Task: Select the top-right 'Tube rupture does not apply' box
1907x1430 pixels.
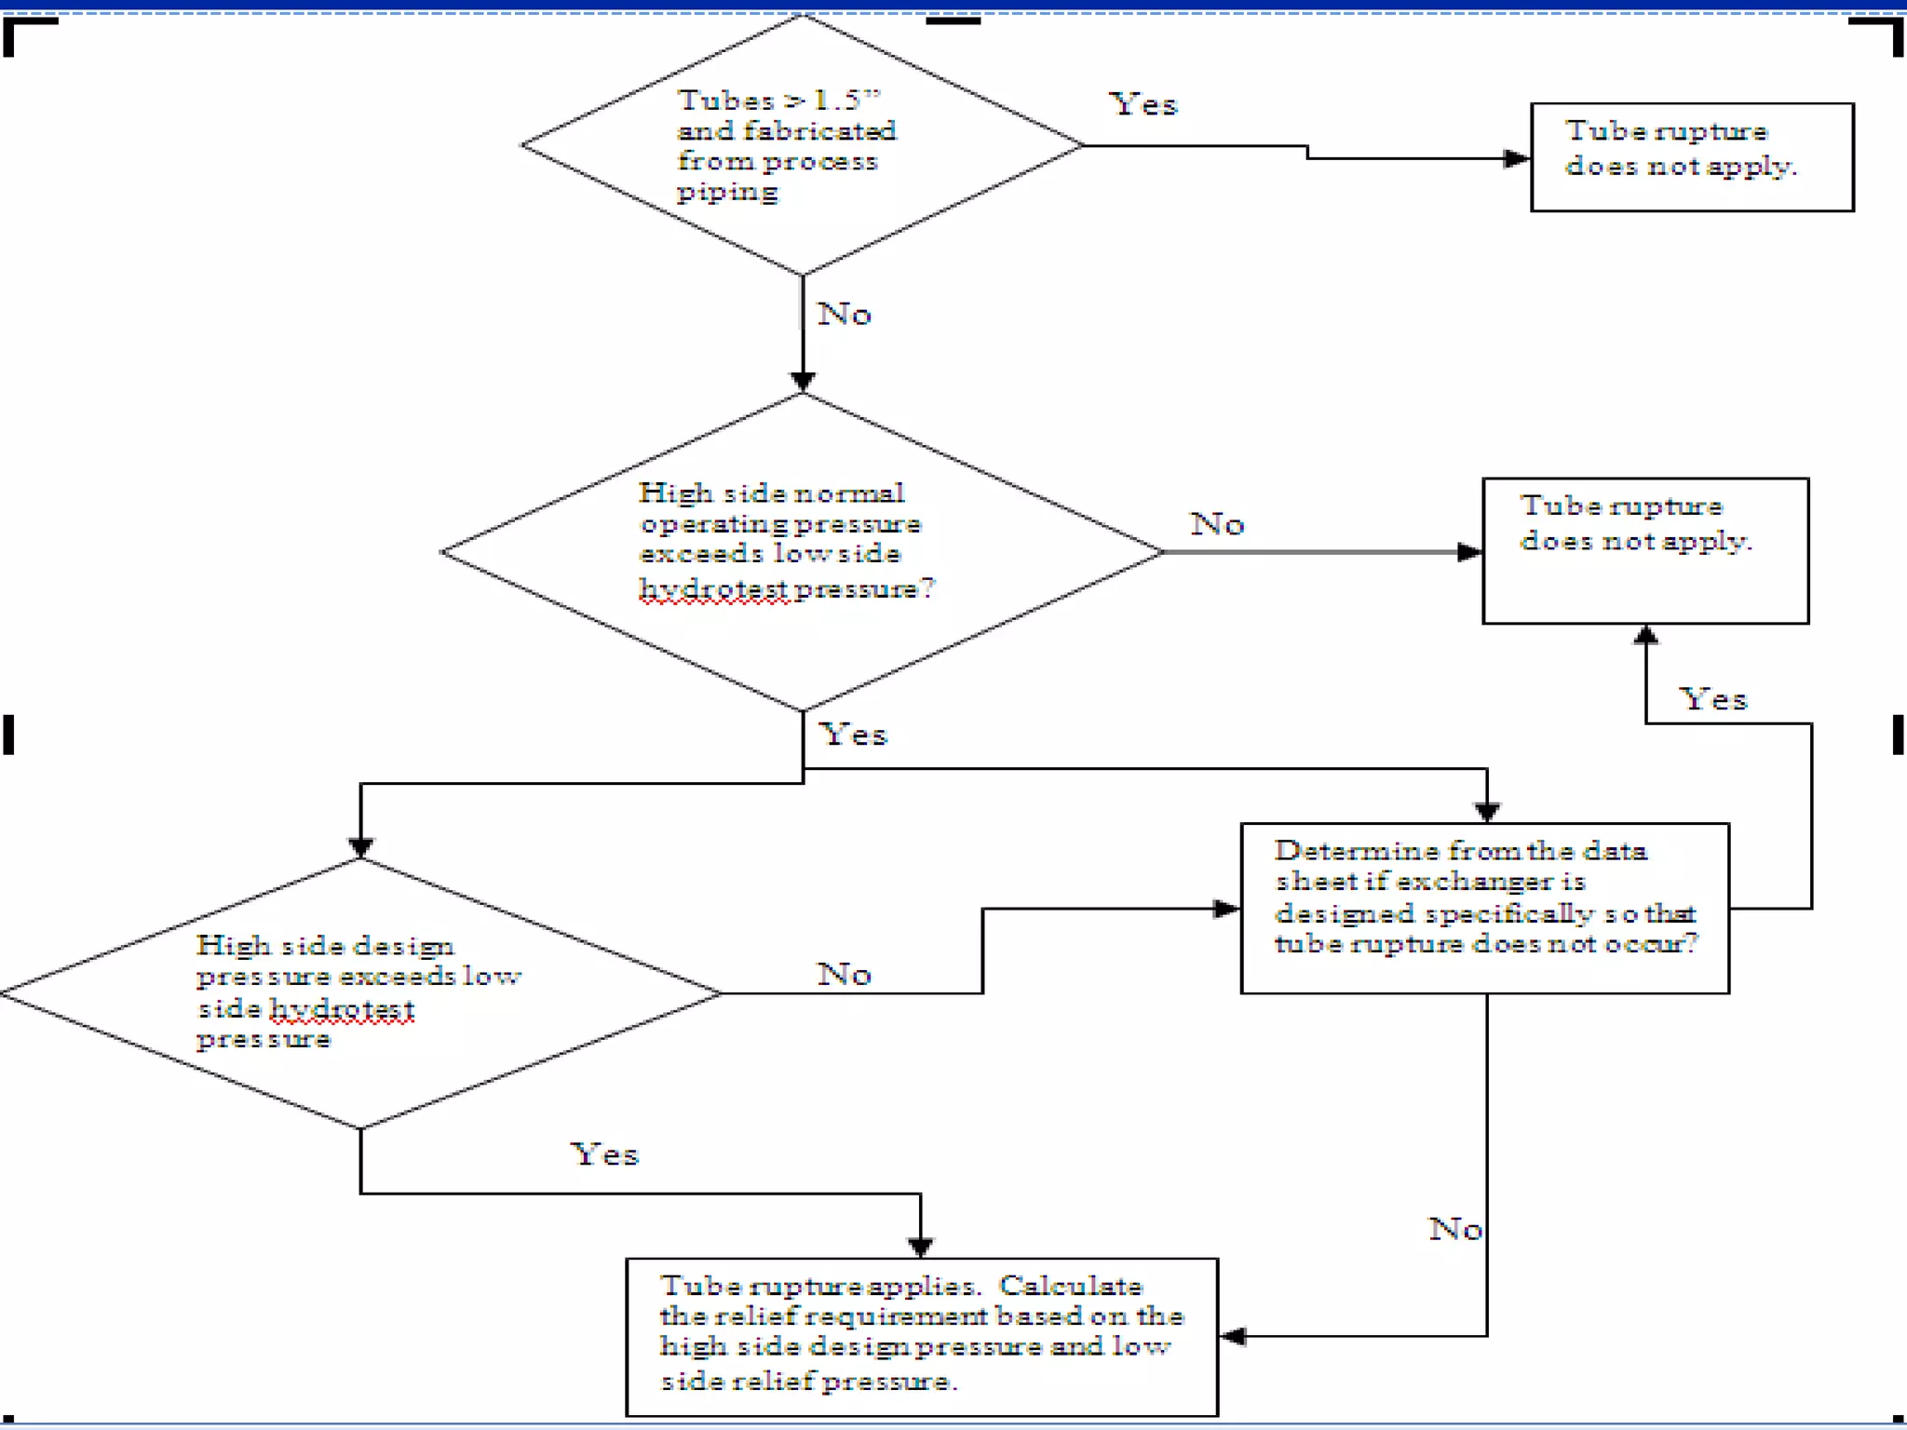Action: pos(1691,157)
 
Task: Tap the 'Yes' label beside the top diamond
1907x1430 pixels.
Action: pos(1143,104)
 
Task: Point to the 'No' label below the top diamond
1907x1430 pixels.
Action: pos(844,315)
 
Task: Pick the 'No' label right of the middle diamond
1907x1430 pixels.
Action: pos(1217,524)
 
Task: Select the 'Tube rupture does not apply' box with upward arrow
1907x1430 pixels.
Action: pos(1644,550)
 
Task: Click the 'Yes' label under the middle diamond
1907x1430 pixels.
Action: pos(853,735)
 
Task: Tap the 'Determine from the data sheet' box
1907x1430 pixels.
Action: pos(1484,908)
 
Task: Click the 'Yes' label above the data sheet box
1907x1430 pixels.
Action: pos(1712,699)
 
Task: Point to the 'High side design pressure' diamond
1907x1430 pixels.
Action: pos(359,992)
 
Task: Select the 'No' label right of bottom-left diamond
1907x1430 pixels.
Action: pos(844,975)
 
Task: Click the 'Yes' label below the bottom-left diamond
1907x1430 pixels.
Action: pos(604,1154)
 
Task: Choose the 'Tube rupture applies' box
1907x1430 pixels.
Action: pos(921,1336)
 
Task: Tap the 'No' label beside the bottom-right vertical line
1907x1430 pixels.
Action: pos(1455,1229)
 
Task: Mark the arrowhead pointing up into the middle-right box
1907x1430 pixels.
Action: pos(1645,635)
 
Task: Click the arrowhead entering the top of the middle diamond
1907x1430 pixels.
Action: pos(803,381)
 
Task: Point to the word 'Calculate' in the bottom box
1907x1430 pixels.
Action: pos(1070,1286)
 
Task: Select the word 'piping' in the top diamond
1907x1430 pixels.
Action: pos(726,193)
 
